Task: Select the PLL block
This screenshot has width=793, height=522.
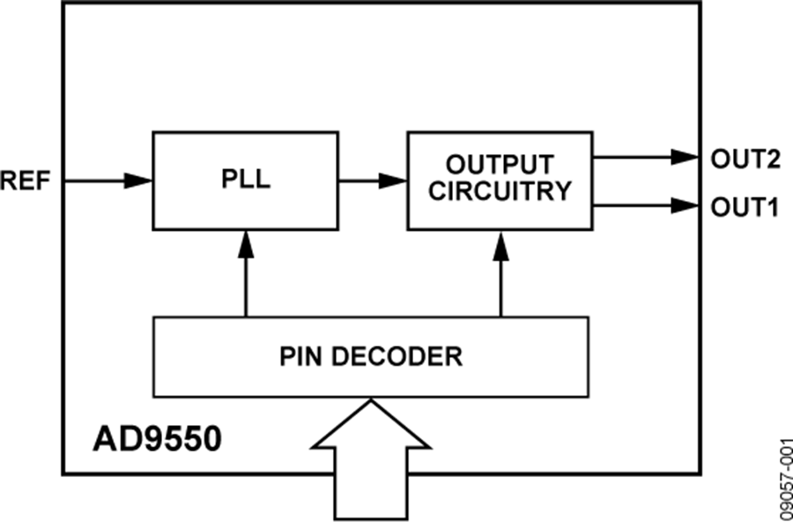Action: (x=246, y=180)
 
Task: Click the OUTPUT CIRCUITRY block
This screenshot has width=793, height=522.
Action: (x=499, y=180)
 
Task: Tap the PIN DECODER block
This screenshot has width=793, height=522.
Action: (x=371, y=356)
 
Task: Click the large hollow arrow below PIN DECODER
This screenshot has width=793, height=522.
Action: (x=371, y=463)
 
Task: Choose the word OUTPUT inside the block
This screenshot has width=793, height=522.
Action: (x=500, y=165)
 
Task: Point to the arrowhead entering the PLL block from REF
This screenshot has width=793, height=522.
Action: (x=139, y=181)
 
